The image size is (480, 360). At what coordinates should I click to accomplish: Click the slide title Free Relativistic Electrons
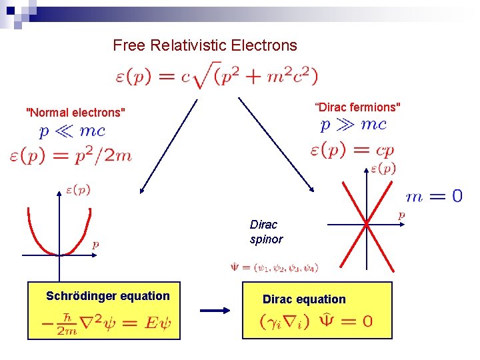(x=205, y=45)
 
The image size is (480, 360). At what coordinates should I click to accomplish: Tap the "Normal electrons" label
(x=75, y=113)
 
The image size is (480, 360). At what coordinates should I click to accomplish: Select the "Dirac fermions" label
(x=358, y=107)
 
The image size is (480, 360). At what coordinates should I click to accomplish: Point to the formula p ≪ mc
(x=72, y=131)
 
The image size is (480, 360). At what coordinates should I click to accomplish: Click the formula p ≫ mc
(x=353, y=125)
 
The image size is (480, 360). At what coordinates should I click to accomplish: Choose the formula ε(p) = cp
(x=352, y=149)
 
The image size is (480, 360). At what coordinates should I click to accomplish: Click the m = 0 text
(x=434, y=196)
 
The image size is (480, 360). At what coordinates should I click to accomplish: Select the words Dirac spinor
(x=266, y=231)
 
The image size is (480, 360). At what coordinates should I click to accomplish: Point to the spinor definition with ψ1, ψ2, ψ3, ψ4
(x=274, y=268)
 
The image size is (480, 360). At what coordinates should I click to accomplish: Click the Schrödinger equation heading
(x=108, y=295)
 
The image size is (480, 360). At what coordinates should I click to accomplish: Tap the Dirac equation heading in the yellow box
(x=304, y=299)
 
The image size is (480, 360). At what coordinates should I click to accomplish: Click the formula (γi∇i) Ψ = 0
(x=317, y=321)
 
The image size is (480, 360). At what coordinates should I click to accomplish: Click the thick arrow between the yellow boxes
(x=214, y=310)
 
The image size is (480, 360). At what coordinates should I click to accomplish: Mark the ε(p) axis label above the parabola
(x=78, y=190)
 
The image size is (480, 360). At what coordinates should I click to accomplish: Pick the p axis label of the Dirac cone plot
(x=401, y=215)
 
